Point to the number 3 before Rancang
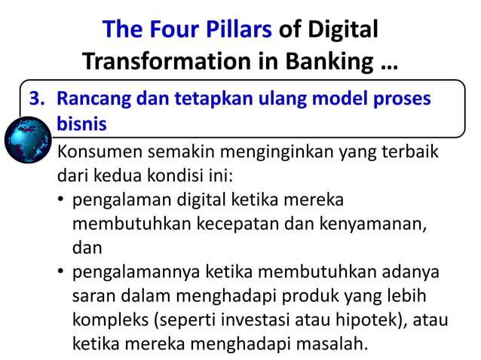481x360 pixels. click(35, 99)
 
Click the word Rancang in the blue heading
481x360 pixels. click(93, 99)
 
